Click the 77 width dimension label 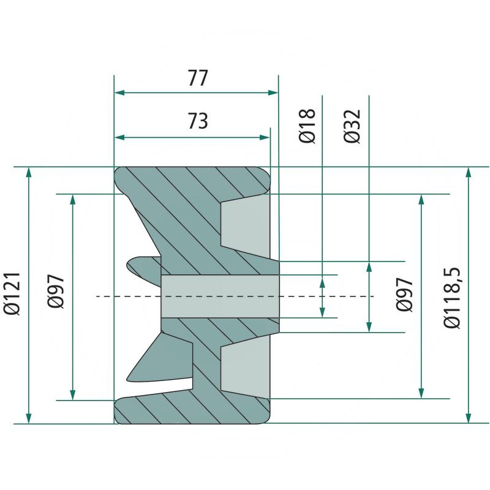click(x=197, y=78)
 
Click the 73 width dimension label click(x=197, y=121)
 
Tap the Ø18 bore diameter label click(x=307, y=126)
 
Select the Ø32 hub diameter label click(x=352, y=126)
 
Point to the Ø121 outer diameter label click(x=12, y=293)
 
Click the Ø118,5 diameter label click(x=452, y=298)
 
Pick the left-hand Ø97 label click(x=56, y=292)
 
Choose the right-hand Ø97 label click(x=404, y=295)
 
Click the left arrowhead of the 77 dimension click(x=119, y=92)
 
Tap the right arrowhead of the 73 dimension click(x=265, y=137)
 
